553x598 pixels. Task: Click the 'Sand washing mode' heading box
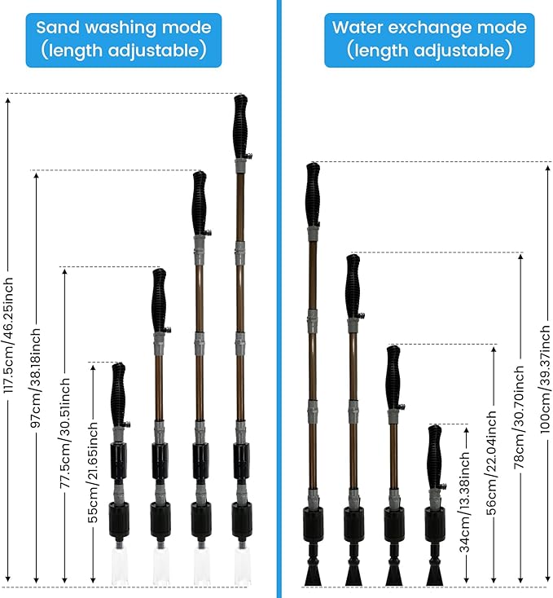(x=124, y=40)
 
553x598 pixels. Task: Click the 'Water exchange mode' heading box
(x=429, y=40)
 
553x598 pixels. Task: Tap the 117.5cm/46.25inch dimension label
(x=8, y=335)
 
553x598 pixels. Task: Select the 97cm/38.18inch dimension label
(x=36, y=378)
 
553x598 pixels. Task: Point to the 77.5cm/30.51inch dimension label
(x=65, y=433)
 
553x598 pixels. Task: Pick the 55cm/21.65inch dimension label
(x=93, y=473)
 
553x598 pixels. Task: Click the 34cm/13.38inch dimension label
(x=465, y=503)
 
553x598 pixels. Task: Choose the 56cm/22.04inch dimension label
(x=492, y=463)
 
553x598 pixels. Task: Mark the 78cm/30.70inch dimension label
(x=520, y=417)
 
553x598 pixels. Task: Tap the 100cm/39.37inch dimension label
(x=546, y=379)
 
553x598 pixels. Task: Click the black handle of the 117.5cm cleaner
(x=241, y=127)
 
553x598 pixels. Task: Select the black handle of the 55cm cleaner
(x=119, y=394)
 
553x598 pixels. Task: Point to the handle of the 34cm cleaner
(x=435, y=457)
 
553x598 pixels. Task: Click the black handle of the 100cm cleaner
(x=313, y=195)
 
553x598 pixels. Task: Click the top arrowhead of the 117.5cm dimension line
(x=8, y=100)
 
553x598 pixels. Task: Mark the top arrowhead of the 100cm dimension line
(x=547, y=169)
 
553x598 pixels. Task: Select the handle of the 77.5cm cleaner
(x=159, y=301)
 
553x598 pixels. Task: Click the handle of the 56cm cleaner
(x=393, y=378)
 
